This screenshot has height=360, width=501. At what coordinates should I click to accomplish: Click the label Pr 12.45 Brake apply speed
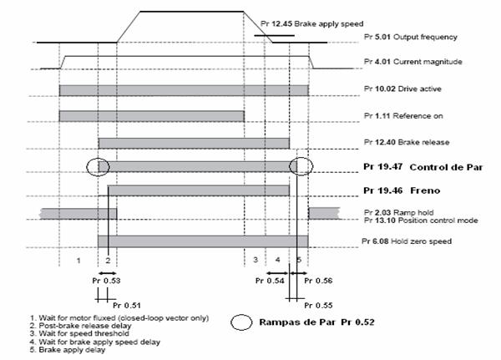(x=311, y=24)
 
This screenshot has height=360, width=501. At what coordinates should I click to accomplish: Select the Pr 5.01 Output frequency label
(x=410, y=37)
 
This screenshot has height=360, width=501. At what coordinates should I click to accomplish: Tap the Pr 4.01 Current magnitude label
(x=412, y=62)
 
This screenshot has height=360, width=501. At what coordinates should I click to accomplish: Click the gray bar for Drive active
(x=184, y=90)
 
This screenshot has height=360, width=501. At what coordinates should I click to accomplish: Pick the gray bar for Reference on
(x=152, y=116)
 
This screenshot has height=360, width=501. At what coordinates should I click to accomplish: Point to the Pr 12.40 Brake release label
(x=407, y=142)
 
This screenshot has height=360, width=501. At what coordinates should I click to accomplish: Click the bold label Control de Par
(x=446, y=167)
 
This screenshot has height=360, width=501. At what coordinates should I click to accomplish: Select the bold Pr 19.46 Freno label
(x=402, y=190)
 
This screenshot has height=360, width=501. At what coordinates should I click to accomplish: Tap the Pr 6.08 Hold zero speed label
(x=407, y=241)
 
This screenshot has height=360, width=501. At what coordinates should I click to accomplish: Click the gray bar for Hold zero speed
(x=203, y=241)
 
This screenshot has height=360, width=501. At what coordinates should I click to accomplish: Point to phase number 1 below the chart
(x=78, y=261)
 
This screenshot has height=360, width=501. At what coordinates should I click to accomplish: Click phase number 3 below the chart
(x=256, y=260)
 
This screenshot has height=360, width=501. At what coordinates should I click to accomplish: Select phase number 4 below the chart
(x=278, y=260)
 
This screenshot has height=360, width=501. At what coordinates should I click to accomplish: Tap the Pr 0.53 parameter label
(x=106, y=281)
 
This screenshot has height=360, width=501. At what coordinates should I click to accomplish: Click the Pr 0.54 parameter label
(x=270, y=281)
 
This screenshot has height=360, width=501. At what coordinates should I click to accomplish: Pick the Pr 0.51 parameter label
(x=127, y=306)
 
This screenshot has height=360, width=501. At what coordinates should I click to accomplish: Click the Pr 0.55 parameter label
(x=318, y=306)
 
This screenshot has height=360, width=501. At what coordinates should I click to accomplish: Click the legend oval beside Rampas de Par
(x=241, y=322)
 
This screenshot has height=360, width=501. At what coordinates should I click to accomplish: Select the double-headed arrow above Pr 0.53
(x=108, y=273)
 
